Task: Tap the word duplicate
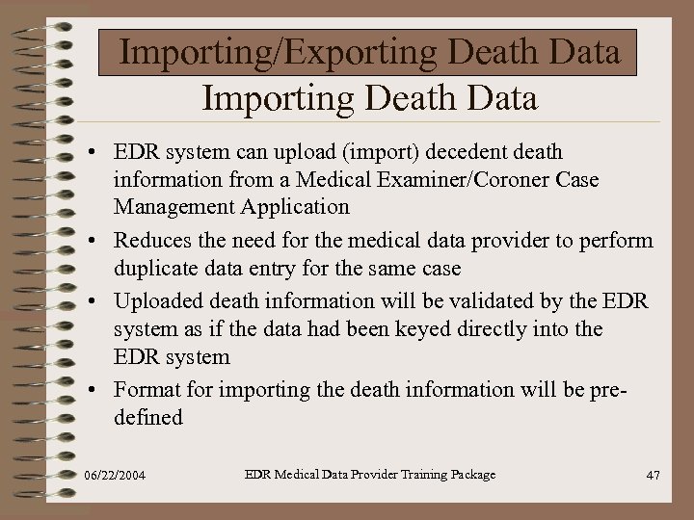tap(156, 267)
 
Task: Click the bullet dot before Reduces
tap(89, 241)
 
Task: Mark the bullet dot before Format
tap(89, 390)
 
